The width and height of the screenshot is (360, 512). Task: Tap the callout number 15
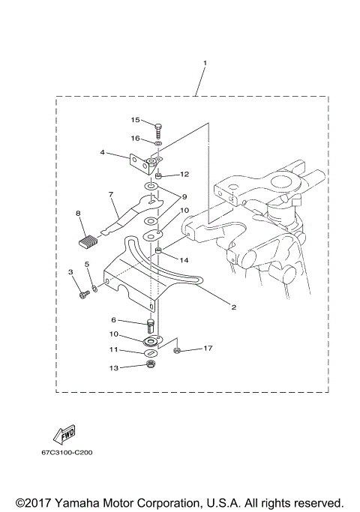click(x=136, y=120)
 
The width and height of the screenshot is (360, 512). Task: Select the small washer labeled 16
click(x=159, y=142)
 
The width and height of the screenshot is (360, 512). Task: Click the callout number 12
click(x=184, y=174)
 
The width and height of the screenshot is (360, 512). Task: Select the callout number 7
click(x=110, y=195)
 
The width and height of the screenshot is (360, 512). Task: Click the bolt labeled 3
click(x=82, y=295)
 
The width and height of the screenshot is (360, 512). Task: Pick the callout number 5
click(x=88, y=264)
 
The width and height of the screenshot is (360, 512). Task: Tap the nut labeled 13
click(x=150, y=366)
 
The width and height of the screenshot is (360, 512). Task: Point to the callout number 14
click(x=184, y=259)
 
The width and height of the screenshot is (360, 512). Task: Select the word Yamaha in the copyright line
click(x=75, y=502)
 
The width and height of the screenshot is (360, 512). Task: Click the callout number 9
click(x=184, y=197)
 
